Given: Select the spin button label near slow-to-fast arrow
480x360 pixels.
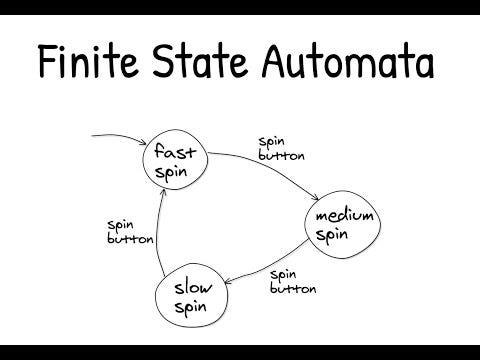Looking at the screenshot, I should coord(129,231).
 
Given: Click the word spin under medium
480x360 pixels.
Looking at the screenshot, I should coord(331,235).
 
